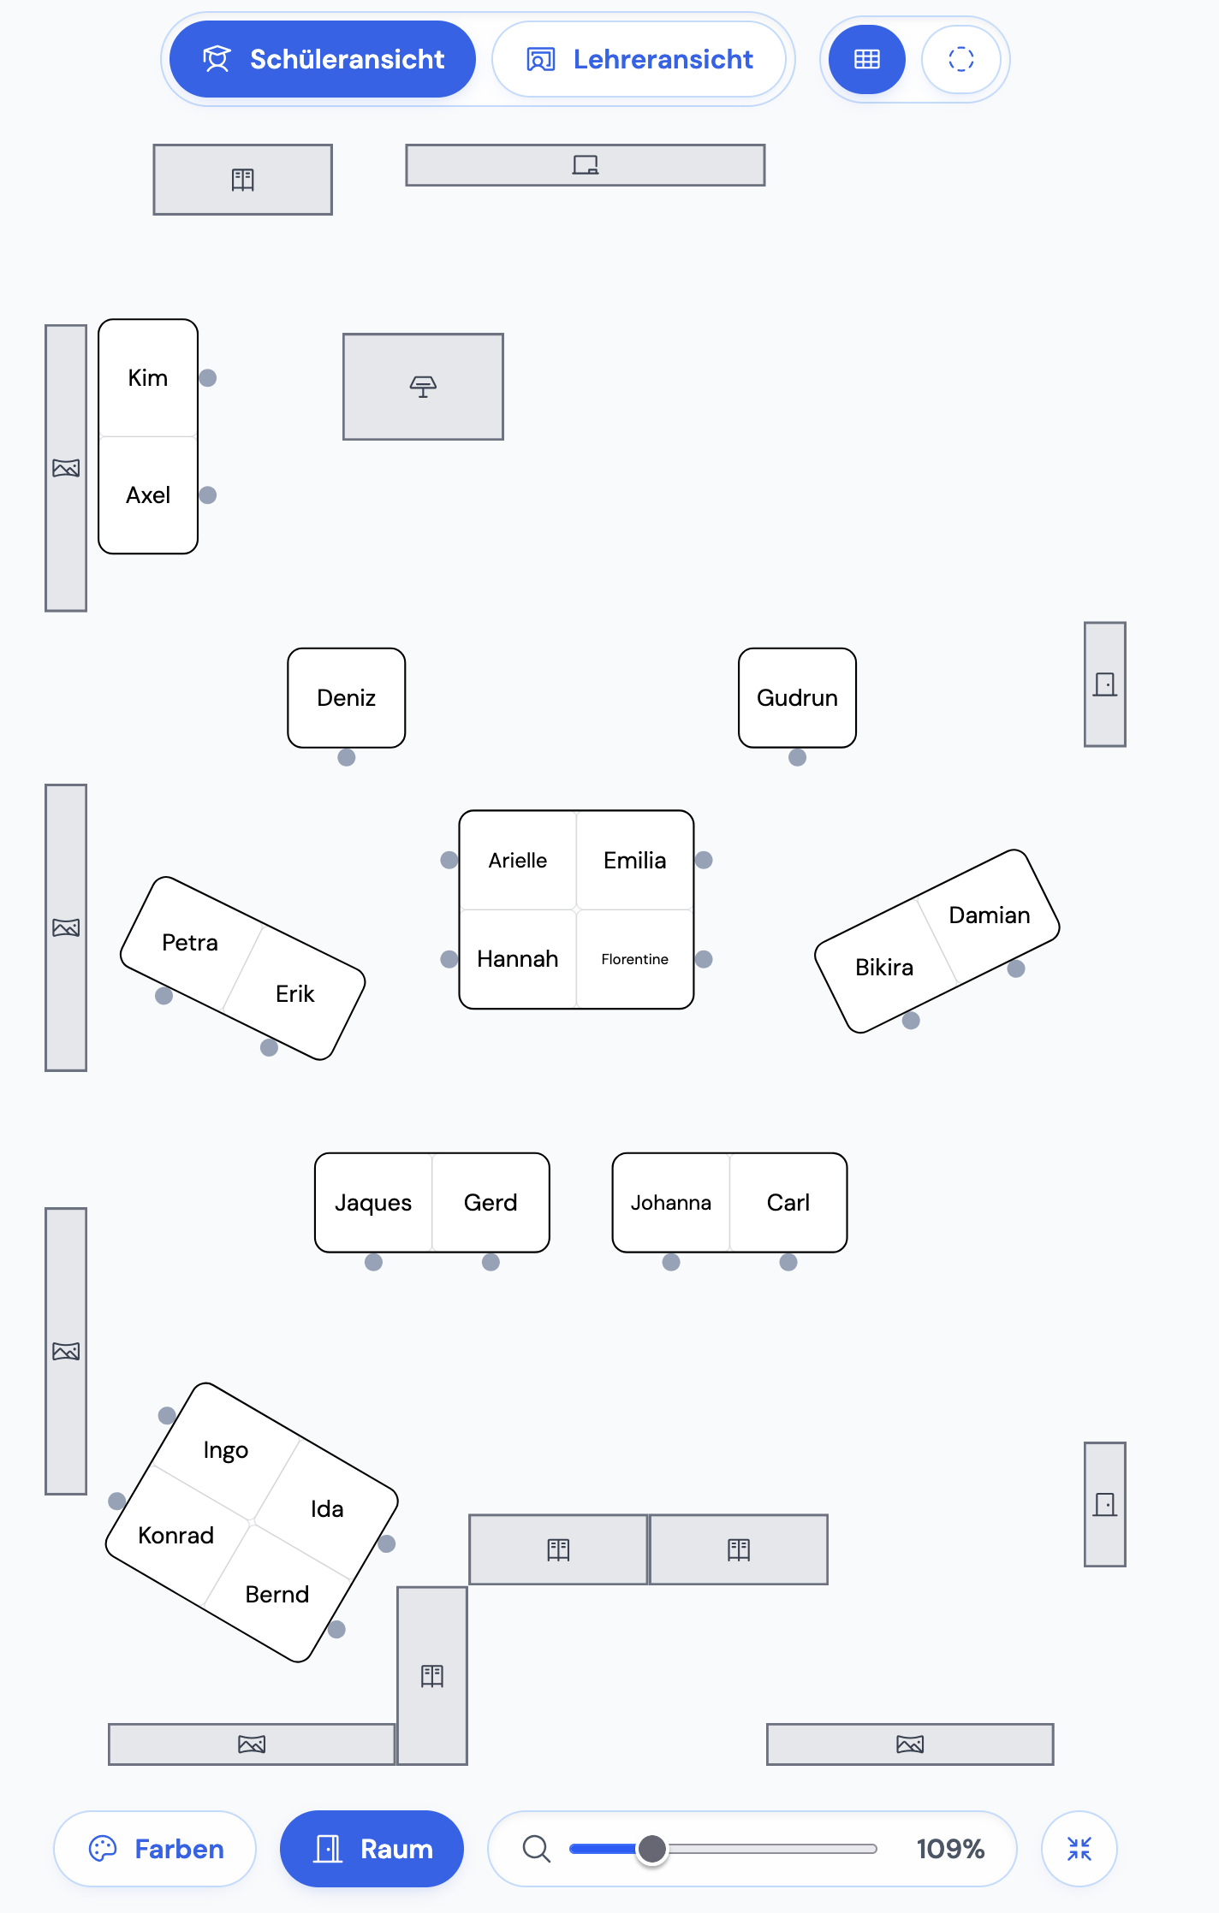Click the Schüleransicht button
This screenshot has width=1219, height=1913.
coord(323,59)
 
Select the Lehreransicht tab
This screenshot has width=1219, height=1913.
coord(639,59)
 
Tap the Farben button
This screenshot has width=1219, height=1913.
coord(155,1849)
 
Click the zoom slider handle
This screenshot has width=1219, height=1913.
coord(652,1849)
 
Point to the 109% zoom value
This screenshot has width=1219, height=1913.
coord(950,1849)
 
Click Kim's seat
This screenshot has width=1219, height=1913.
coord(148,378)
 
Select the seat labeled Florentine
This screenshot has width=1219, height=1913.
coord(635,959)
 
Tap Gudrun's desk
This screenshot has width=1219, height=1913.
coord(797,698)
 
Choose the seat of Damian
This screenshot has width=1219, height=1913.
coord(990,915)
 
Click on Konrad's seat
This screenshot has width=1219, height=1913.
coord(176,1536)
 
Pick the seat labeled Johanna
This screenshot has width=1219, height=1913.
coord(671,1203)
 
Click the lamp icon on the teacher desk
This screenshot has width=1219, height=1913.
coord(423,387)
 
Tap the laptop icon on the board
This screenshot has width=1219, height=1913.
coord(586,165)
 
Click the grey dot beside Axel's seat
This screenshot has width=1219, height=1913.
coord(208,495)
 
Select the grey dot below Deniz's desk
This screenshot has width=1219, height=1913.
coord(347,757)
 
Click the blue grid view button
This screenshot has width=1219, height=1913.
coord(867,59)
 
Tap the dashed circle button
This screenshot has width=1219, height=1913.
coord(961,59)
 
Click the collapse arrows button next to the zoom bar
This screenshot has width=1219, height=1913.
coord(1079,1849)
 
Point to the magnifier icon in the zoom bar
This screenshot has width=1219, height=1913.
coord(536,1849)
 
